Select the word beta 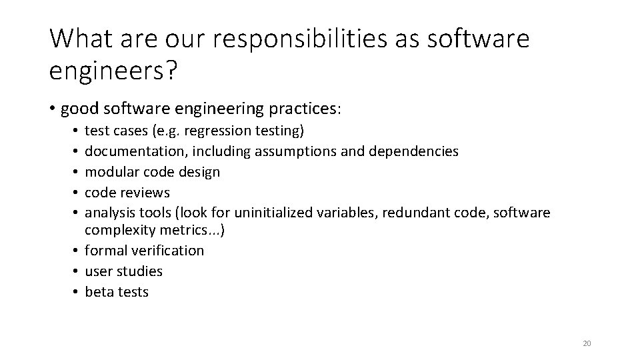tap(99, 292)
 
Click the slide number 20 tap(587, 343)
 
